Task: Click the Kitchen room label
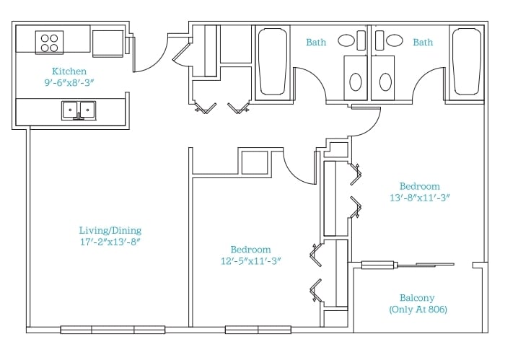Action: point(69,71)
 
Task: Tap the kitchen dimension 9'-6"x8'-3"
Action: point(69,82)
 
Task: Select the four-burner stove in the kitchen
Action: point(49,43)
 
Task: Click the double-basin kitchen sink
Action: point(79,110)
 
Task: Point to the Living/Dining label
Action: point(110,230)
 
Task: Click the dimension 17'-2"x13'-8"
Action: point(110,242)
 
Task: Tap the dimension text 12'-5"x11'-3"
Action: point(251,261)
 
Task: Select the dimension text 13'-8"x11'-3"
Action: point(420,198)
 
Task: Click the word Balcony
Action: point(417,298)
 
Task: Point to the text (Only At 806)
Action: point(418,309)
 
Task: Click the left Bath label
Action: point(316,43)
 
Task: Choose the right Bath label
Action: point(423,43)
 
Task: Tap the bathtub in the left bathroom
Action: point(273,62)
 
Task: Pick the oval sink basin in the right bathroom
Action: point(395,40)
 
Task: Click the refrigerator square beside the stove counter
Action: point(107,43)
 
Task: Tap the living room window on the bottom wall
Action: point(113,330)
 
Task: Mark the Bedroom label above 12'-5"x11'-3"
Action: point(251,250)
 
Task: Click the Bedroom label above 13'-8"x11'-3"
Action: point(420,186)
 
